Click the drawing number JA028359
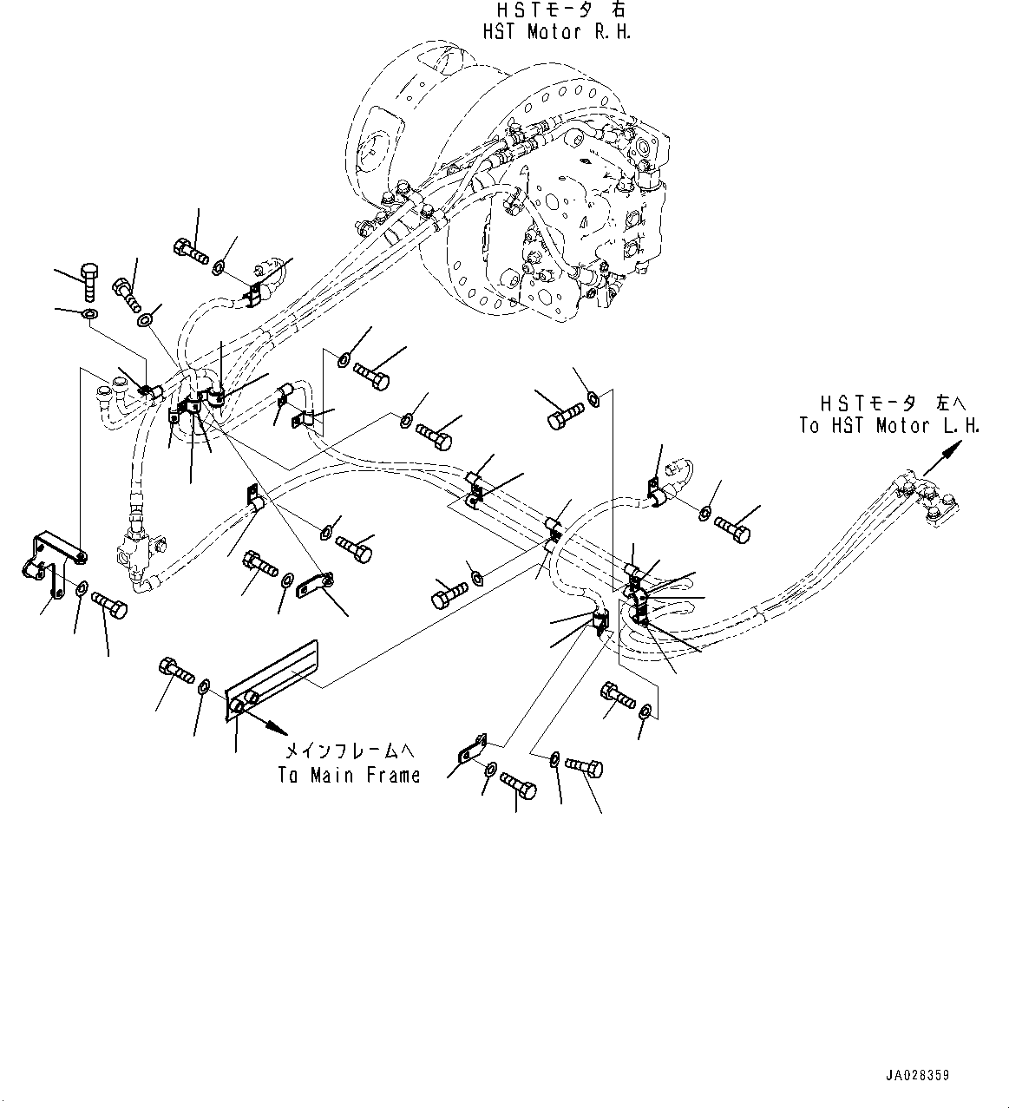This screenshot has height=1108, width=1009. coord(917,1075)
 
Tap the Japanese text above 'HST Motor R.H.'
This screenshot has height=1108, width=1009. coord(557,10)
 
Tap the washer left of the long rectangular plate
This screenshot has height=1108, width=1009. coord(203,688)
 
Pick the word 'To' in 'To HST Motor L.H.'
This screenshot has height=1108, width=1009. coord(809,426)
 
